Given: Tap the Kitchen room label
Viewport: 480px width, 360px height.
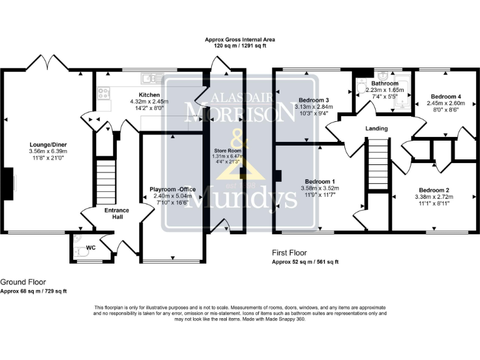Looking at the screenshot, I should point(141,94).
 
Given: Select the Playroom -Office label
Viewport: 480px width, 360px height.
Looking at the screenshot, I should point(173,189).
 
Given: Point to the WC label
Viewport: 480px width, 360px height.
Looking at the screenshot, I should point(90,248).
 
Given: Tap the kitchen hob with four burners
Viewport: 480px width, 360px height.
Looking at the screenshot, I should point(104,93).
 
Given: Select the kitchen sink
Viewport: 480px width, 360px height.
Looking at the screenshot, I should point(150,78).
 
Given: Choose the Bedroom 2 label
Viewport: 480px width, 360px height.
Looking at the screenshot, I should point(434,190).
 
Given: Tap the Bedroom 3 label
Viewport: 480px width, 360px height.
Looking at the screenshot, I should point(314,100).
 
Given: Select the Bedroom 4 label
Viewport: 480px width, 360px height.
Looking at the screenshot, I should point(442,96).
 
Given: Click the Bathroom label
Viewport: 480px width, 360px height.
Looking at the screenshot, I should point(384,83).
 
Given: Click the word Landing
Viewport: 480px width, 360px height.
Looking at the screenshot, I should point(377,129).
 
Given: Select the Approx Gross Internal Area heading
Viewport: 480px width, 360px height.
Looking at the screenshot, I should point(240,39).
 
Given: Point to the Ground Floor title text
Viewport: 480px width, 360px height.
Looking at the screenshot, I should point(23,282).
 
